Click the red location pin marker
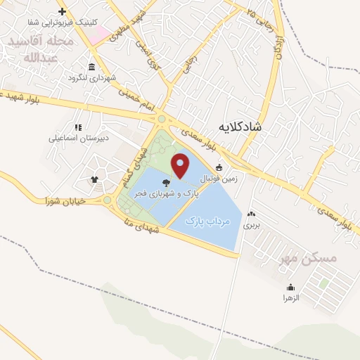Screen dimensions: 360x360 click(x=181, y=166)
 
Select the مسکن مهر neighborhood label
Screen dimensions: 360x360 click(x=309, y=258)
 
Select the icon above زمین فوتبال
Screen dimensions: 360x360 click(x=219, y=167)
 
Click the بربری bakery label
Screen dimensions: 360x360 click(x=251, y=226)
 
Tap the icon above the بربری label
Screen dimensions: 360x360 click(x=251, y=214)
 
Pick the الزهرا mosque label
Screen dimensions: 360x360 click(x=291, y=298)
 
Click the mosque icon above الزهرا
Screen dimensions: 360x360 click(x=291, y=287)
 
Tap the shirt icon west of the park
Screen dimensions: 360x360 click(x=94, y=179)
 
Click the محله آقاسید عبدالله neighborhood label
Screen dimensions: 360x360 click(x=41, y=49)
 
